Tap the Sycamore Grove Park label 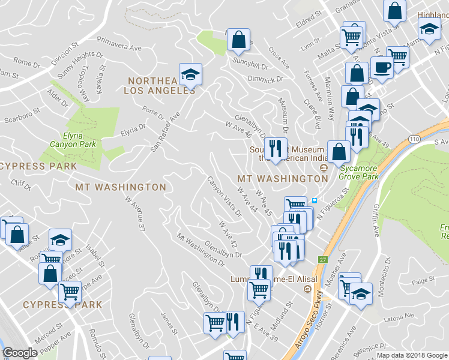click(358, 172)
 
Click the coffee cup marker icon click(382, 67)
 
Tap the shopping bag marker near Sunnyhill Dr click(238, 40)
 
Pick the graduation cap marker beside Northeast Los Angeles click(190, 74)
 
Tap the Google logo click(20, 353)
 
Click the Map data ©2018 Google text click(412, 355)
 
